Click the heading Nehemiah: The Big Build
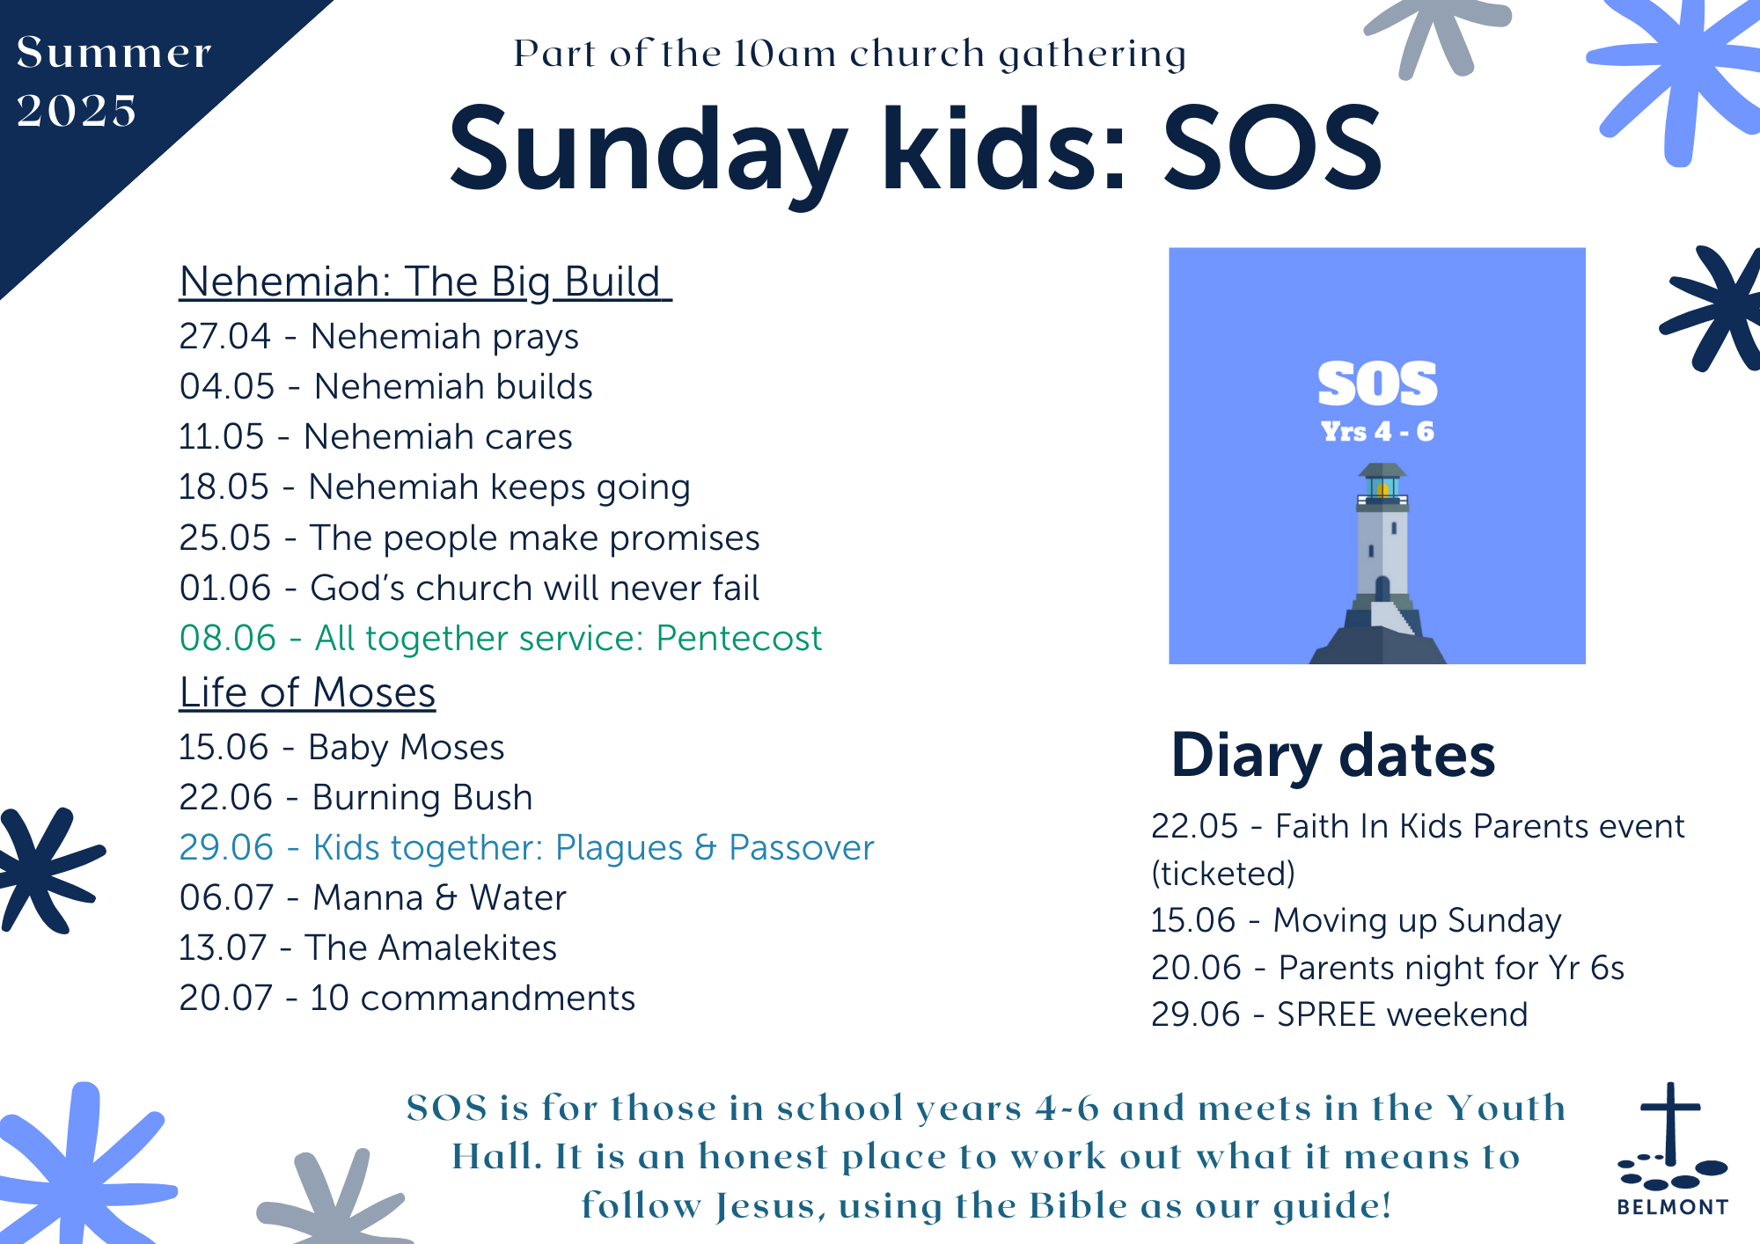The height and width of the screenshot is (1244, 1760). [425, 282]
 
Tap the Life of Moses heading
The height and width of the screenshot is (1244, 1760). [307, 692]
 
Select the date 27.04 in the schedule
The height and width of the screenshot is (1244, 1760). [224, 336]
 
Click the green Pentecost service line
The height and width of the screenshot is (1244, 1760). [500, 638]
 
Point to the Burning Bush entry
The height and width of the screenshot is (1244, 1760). [356, 797]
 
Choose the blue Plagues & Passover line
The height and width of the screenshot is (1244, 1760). [526, 847]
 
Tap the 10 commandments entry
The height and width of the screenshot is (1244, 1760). [407, 998]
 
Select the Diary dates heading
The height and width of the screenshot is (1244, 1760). [1332, 757]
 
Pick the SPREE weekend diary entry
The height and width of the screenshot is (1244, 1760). [1338, 1014]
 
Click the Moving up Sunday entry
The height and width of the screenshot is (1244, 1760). [1355, 920]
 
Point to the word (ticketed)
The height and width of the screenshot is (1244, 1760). [1223, 874]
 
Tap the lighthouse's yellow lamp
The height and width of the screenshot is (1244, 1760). [1382, 489]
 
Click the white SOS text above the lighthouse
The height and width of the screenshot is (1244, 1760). [1377, 384]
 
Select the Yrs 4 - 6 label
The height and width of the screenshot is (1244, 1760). [1377, 432]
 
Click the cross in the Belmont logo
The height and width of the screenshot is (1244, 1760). [1670, 1123]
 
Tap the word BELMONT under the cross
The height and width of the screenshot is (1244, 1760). [1672, 1207]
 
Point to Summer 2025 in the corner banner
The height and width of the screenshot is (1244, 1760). [114, 81]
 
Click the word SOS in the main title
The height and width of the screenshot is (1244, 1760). [1272, 147]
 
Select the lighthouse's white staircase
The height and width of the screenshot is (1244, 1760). [1393, 617]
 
